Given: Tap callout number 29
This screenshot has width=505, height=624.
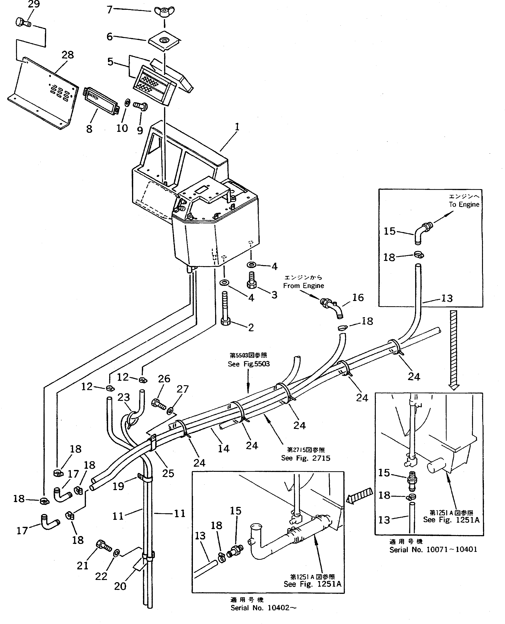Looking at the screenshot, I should click(34, 4).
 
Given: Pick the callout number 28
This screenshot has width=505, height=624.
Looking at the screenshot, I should click(68, 55).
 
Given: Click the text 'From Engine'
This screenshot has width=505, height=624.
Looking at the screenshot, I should click(303, 286).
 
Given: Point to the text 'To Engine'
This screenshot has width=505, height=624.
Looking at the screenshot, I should click(464, 205).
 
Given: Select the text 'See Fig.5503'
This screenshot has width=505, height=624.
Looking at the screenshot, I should click(249, 364).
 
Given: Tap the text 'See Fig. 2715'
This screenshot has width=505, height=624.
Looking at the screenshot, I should click(306, 458).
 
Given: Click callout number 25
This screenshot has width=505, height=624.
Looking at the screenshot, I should click(168, 473).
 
